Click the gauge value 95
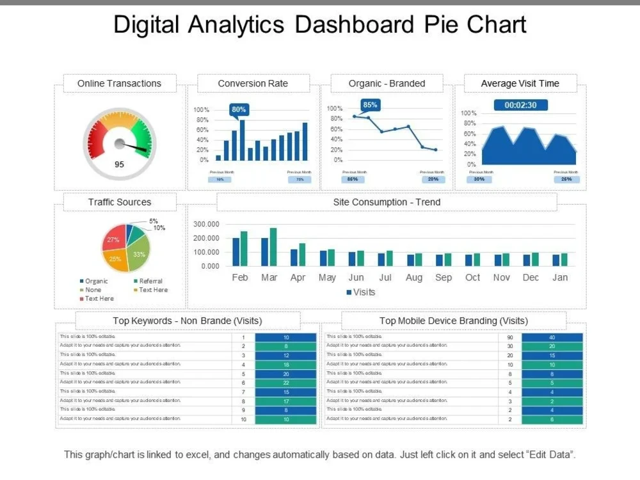point(119,164)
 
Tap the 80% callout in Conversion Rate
point(239,109)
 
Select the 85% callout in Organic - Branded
point(370,104)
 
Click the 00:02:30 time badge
point(520,105)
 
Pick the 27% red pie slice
point(113,240)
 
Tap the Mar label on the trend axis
point(269,278)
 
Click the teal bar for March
point(273,246)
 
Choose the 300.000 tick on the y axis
point(205,225)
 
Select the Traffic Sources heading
point(120,202)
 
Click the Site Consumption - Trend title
point(387,202)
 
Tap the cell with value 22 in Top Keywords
point(285,383)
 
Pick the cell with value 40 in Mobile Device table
point(552,337)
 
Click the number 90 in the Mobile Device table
point(510,337)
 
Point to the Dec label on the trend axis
point(531,278)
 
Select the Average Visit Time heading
point(520,84)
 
